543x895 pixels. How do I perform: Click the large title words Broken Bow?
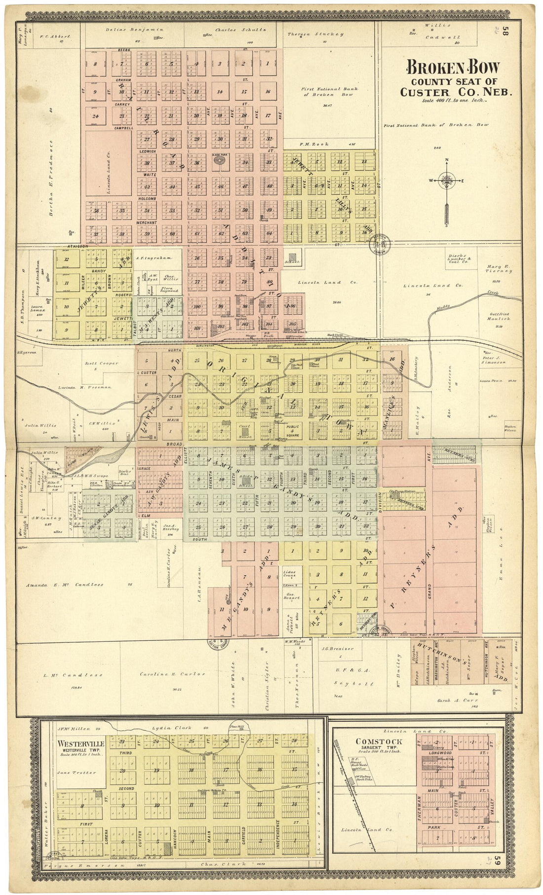(452, 68)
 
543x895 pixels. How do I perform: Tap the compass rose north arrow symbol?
(447, 181)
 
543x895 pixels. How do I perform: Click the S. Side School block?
(245, 481)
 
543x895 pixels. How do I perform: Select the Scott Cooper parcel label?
(102, 363)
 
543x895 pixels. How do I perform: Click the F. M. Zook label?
(303, 145)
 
